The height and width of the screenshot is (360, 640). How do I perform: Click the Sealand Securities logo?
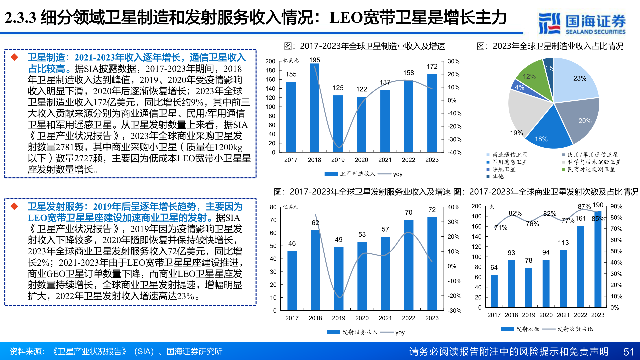[x=582, y=23]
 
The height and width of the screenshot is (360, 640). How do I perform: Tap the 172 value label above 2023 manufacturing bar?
[x=432, y=67]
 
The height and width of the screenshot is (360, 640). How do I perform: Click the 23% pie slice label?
[x=580, y=78]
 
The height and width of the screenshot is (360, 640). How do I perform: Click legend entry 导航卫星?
[x=504, y=169]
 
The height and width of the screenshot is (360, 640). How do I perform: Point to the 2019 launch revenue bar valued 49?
[x=339, y=278]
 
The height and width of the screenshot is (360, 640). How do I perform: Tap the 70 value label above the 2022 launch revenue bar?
[x=409, y=212]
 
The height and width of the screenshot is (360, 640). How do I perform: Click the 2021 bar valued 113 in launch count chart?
[x=563, y=278]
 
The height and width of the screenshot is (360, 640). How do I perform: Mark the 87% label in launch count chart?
[x=584, y=207]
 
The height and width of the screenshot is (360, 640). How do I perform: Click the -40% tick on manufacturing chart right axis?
[x=454, y=152]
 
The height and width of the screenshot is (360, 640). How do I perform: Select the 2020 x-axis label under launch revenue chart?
[x=362, y=318]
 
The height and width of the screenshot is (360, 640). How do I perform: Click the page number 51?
[x=629, y=352]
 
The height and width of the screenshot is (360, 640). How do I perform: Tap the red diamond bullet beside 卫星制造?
[x=14, y=57]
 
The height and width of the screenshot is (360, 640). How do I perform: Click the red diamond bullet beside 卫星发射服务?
[x=14, y=206]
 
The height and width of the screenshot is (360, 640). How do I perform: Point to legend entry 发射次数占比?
[x=575, y=329]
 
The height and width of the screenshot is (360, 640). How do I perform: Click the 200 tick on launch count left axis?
[x=476, y=206]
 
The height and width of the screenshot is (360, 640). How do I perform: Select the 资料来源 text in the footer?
[x=27, y=352]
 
